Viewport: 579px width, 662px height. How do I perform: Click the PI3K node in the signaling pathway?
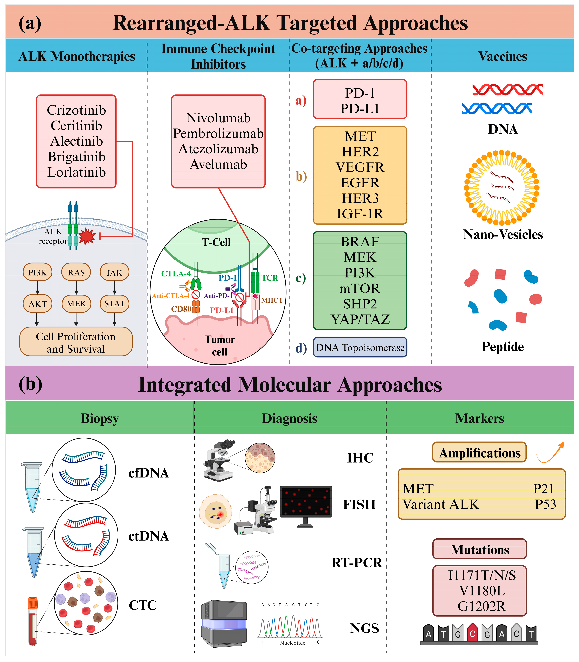tap(37, 272)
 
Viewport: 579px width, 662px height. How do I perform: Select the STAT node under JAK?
tap(114, 304)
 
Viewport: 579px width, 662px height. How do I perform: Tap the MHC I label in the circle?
tap(271, 300)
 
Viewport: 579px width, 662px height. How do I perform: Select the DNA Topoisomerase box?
tap(360, 348)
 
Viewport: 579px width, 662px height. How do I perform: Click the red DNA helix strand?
tap(507, 89)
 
